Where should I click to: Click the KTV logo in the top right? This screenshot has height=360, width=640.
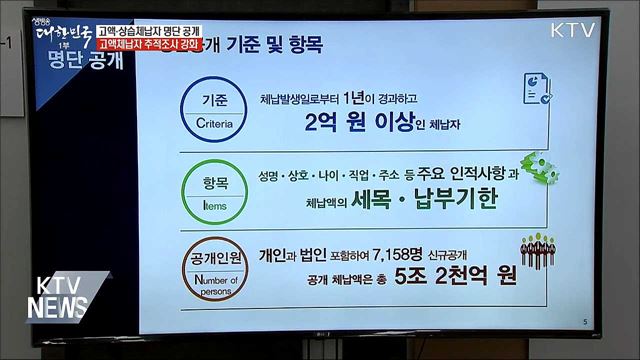574,30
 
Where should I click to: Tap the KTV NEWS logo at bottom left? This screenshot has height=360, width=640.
67,296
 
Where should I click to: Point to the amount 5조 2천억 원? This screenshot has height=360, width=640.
450,276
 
